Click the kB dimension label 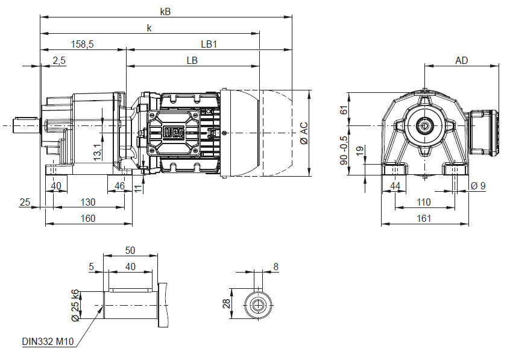tap(165, 11)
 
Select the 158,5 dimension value tap(82, 44)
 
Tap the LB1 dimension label tap(209, 44)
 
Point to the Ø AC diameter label tap(304, 133)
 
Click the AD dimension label tap(461, 60)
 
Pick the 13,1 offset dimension tap(97, 152)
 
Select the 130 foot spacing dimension tap(87, 202)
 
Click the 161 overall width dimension tap(424, 218)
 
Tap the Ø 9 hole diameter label tap(478, 186)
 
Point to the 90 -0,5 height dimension tap(344, 150)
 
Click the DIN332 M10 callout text tap(48, 341)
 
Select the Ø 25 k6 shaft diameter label tap(75, 305)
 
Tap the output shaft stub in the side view tap(26, 125)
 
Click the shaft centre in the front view tap(424, 125)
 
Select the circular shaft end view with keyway tap(257, 305)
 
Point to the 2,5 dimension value tap(59, 60)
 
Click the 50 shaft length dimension tap(130, 250)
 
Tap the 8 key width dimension tap(276, 267)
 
